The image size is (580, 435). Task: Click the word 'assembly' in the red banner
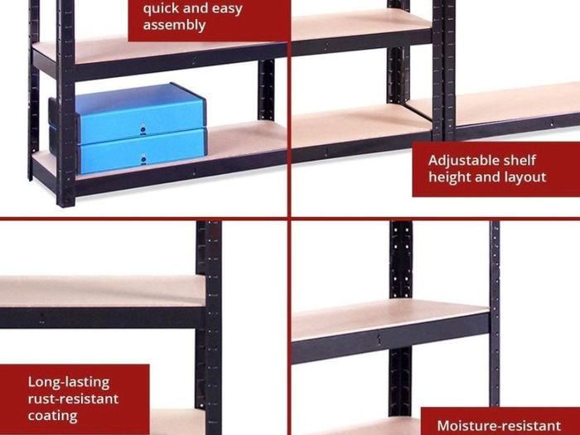point(174,25)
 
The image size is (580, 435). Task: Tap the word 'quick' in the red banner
point(159,9)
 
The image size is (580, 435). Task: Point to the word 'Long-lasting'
point(69,382)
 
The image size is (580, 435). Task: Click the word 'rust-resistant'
point(73,399)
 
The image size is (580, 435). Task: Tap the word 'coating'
point(52,416)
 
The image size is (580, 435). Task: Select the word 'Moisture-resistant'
point(499,425)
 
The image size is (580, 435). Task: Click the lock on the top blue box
point(143,129)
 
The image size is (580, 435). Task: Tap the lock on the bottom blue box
point(143,159)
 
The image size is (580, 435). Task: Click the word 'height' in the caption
point(449,177)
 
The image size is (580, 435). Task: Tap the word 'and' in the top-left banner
point(194,9)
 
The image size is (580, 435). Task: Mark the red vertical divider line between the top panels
point(289,109)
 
